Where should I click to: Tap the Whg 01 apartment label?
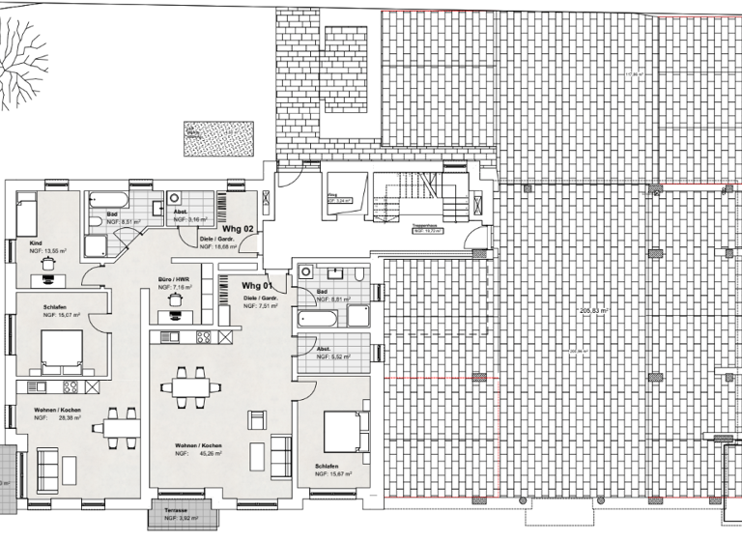pyautogui.click(x=257, y=286)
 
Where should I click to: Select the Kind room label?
pyautogui.click(x=36, y=242)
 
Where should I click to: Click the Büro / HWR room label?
pyautogui.click(x=174, y=281)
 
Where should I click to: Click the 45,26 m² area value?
pyautogui.click(x=213, y=453)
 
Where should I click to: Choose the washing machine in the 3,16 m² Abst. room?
pyautogui.click(x=180, y=203)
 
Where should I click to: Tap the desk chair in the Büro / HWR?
pyautogui.click(x=175, y=299)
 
